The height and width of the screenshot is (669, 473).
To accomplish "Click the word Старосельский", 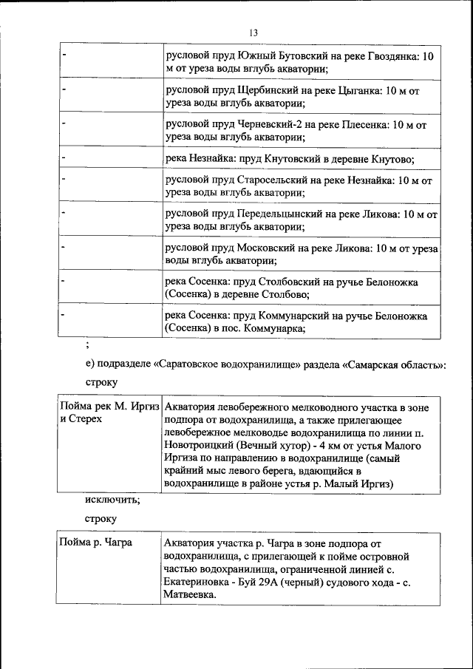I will click(x=273, y=180).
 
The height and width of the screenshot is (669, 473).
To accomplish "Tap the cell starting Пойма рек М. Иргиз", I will click(x=109, y=407).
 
